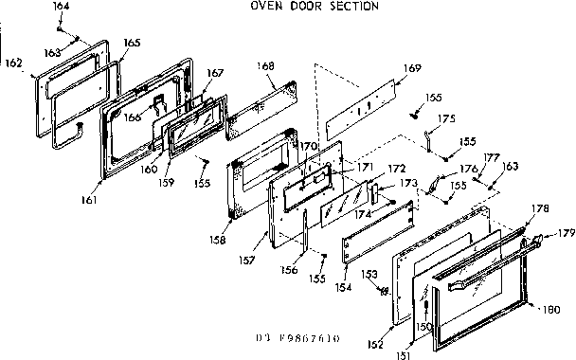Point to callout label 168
(266, 65)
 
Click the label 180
(553, 309)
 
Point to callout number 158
(219, 241)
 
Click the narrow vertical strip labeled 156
(306, 232)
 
